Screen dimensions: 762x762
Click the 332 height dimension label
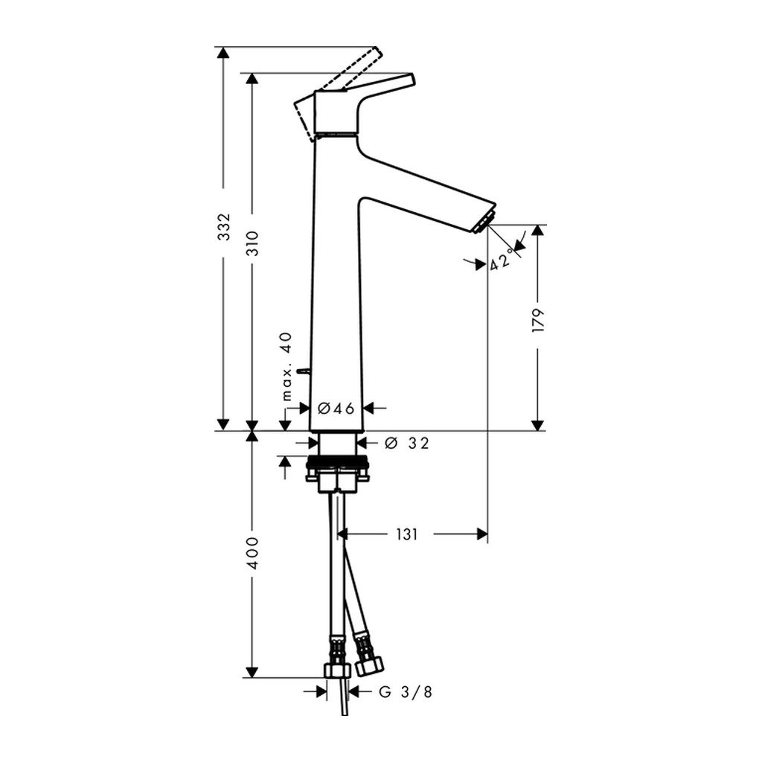coord(223,226)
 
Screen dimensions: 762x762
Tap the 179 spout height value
coord(538,319)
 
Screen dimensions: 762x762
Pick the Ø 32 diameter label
coord(407,443)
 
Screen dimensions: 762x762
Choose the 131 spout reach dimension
coord(407,534)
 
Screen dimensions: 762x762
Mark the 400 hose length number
coord(252,553)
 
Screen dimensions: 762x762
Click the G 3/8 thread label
coord(405,691)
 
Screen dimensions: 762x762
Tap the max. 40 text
coord(287,366)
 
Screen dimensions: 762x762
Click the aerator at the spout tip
coord(485,222)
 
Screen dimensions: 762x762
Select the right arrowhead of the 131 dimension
coord(481,534)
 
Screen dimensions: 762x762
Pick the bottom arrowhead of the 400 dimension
coord(252,672)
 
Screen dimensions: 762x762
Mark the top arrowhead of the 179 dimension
coord(537,231)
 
